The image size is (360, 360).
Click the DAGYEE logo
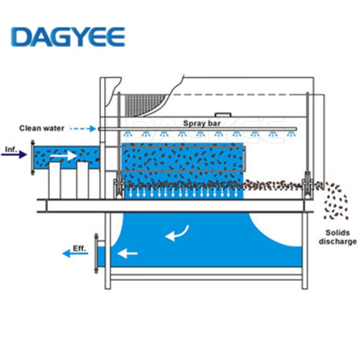pyautogui.click(x=68, y=37)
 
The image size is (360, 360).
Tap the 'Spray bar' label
pyautogui.click(x=202, y=124)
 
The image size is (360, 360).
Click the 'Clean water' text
pyautogui.click(x=42, y=128)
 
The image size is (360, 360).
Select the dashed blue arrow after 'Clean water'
pyautogui.click(x=83, y=129)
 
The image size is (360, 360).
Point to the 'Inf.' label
pyautogui.click(x=11, y=150)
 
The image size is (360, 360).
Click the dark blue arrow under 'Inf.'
pyautogui.click(x=14, y=155)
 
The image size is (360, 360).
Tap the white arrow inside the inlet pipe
pyautogui.click(x=63, y=156)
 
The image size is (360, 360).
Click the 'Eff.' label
pyautogui.click(x=79, y=249)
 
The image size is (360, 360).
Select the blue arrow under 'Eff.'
pyautogui.click(x=75, y=254)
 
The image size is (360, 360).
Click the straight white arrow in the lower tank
pyautogui.click(x=127, y=254)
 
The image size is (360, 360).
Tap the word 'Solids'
pyautogui.click(x=337, y=233)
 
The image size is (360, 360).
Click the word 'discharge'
pyautogui.click(x=337, y=241)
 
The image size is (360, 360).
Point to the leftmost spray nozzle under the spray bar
pyautogui.click(x=127, y=133)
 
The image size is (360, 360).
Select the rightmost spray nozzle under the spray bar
pyautogui.click(x=291, y=133)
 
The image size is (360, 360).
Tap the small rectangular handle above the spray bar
pyautogui.click(x=223, y=115)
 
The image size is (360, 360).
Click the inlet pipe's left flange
pyautogui.click(x=33, y=157)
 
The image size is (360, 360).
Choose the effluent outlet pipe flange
pyautogui.click(x=96, y=254)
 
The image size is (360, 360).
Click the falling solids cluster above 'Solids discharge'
pyautogui.click(x=336, y=200)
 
